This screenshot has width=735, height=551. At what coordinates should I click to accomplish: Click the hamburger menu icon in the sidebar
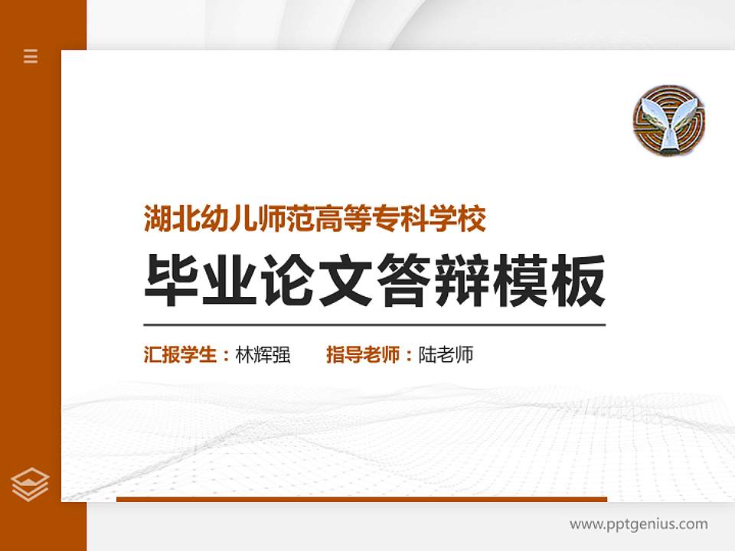point(31,56)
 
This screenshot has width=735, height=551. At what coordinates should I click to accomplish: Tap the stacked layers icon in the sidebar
point(31,484)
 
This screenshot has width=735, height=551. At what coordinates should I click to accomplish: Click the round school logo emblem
point(669,119)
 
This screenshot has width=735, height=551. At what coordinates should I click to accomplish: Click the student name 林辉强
point(263,355)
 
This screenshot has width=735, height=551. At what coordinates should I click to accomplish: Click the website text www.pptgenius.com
point(639,524)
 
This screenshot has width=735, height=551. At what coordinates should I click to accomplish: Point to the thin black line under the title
point(375,324)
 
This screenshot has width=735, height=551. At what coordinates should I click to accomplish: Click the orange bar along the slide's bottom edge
point(361,499)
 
